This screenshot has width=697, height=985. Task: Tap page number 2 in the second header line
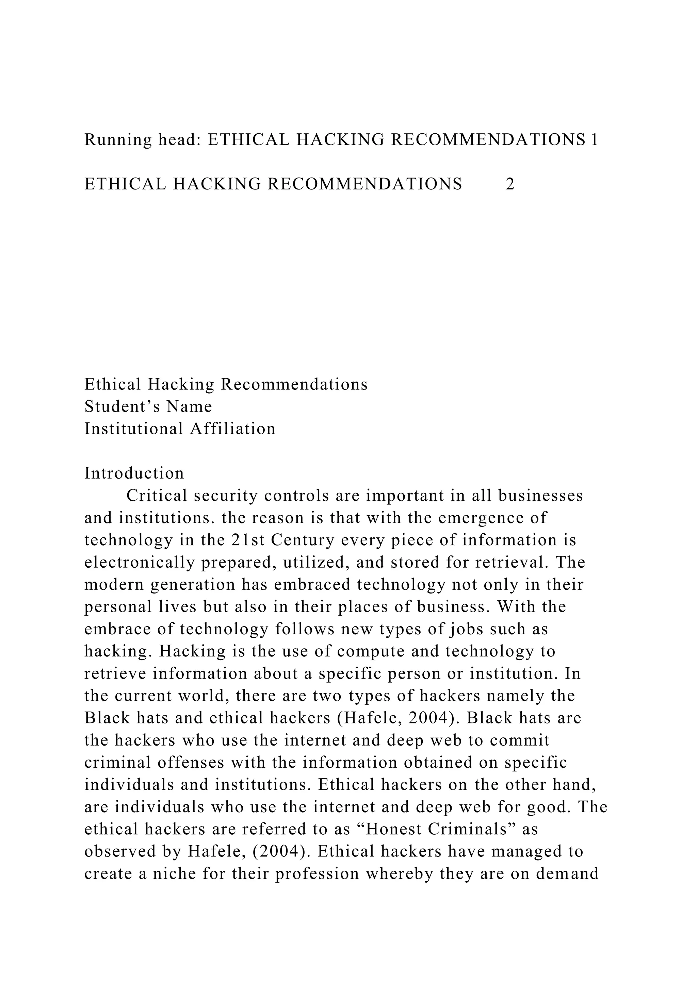click(x=510, y=184)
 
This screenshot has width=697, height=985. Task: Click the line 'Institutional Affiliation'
click(x=180, y=429)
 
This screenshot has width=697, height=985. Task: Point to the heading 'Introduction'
click(x=134, y=473)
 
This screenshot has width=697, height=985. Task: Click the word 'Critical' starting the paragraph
click(x=157, y=496)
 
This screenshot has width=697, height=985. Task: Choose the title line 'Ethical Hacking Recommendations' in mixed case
click(x=226, y=384)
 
